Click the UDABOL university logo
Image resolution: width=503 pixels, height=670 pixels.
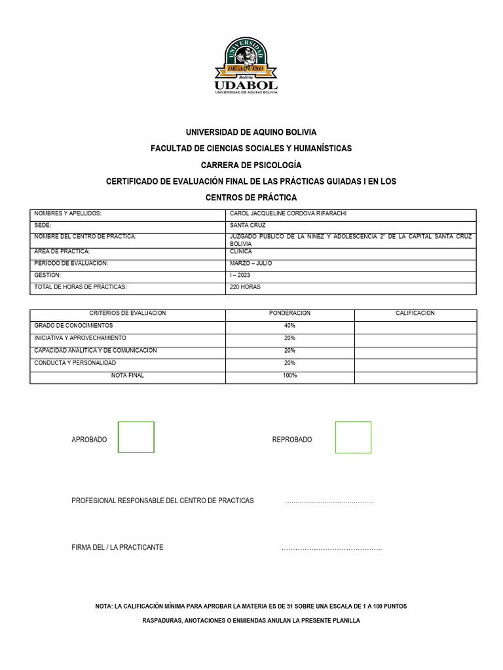pos(246,66)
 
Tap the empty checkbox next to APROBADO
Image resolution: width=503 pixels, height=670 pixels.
pos(136,437)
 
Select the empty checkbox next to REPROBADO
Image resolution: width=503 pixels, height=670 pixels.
pos(353,437)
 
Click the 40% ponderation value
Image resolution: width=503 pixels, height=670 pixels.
pos(289,325)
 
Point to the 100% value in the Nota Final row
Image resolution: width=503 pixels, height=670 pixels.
pos(289,376)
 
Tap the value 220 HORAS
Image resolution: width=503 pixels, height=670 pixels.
pos(246,287)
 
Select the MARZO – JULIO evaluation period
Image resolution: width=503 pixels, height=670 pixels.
pos(251,263)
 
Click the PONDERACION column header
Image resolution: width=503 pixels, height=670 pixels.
pos(289,313)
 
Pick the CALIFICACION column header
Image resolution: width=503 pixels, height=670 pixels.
pos(415,313)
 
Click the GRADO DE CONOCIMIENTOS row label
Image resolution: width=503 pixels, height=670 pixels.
pos(73,325)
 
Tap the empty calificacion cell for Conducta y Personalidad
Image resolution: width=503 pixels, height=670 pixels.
pos(415,363)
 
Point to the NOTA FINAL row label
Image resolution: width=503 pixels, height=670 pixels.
pos(128,376)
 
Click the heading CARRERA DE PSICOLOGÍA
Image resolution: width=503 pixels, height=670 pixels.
pos(251,165)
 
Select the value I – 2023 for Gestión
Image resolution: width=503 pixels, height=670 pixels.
pos(240,275)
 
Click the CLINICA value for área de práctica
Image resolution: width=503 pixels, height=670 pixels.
pos(241,251)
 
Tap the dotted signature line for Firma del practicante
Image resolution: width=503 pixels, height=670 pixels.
pos(331,548)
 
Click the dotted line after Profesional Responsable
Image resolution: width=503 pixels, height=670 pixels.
pos(329,502)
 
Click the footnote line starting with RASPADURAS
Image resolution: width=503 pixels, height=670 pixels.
pos(251,620)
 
